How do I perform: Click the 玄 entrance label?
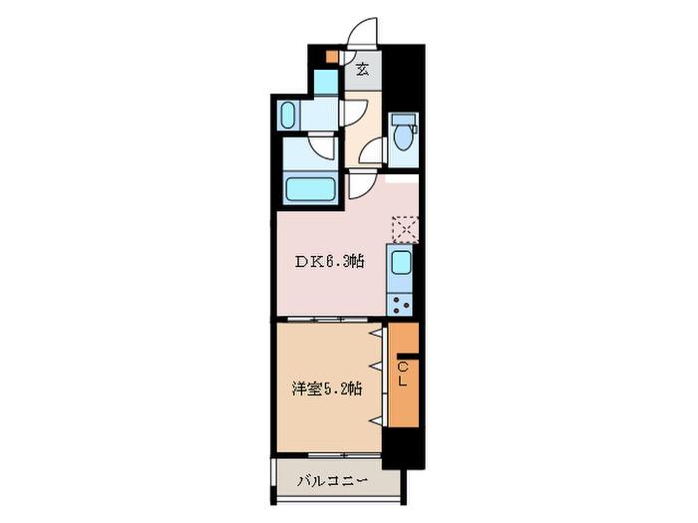(363, 69)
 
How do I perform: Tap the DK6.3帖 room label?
(330, 261)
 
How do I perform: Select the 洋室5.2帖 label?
(326, 389)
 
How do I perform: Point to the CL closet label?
(403, 374)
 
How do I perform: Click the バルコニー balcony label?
(332, 481)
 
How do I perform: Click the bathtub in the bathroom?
(310, 189)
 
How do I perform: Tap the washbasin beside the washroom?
(288, 116)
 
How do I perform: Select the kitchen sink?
(401, 262)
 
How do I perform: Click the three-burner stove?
(400, 305)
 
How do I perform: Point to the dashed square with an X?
(405, 229)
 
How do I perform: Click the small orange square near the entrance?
(332, 57)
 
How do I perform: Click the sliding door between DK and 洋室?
(328, 319)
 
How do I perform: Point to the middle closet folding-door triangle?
(377, 366)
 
